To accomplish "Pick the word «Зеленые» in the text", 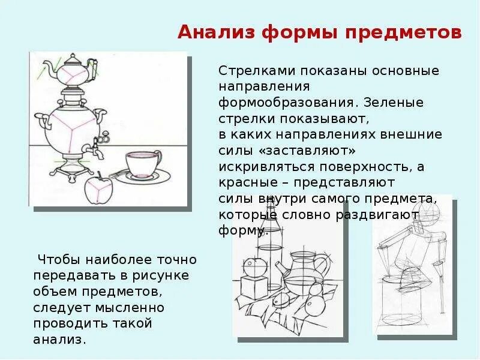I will coord(394,102).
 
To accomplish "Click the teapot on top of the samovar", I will coord(74,71).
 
